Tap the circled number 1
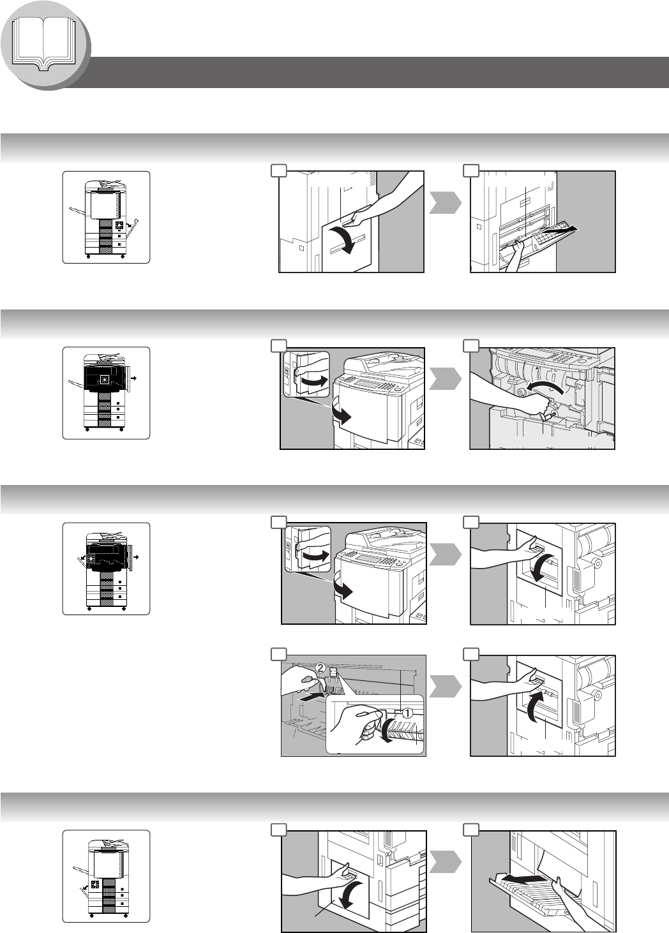coord(407,713)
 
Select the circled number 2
coord(320,668)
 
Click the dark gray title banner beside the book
coord(375,72)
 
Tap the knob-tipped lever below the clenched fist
coord(546,416)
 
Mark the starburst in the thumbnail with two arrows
coord(92,558)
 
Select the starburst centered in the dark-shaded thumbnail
coord(104,379)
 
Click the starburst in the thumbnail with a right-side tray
coord(119,226)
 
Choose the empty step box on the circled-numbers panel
coord(279,654)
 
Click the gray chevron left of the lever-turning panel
coord(445,379)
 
